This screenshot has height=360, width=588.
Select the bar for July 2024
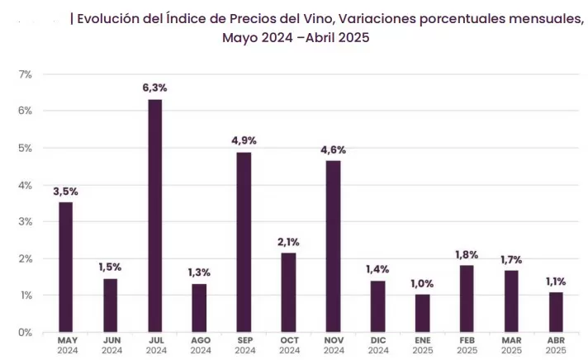coord(154,216)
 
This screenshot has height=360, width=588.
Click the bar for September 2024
coord(244,242)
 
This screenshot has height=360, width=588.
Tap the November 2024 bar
coord(333,246)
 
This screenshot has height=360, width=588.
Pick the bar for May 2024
coord(65,267)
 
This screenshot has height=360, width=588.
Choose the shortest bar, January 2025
coord(422,313)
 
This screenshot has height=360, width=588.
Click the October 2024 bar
coord(288,292)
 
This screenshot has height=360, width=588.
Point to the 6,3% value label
coord(154,88)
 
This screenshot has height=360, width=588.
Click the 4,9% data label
coord(244,140)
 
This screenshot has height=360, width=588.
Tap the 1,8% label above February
coord(467,253)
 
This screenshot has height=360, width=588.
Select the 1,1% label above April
coord(556,281)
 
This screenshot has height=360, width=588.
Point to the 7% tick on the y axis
coord(26,74)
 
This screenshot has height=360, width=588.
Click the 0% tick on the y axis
coord(26,332)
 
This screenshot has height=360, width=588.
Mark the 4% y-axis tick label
coord(26,185)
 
